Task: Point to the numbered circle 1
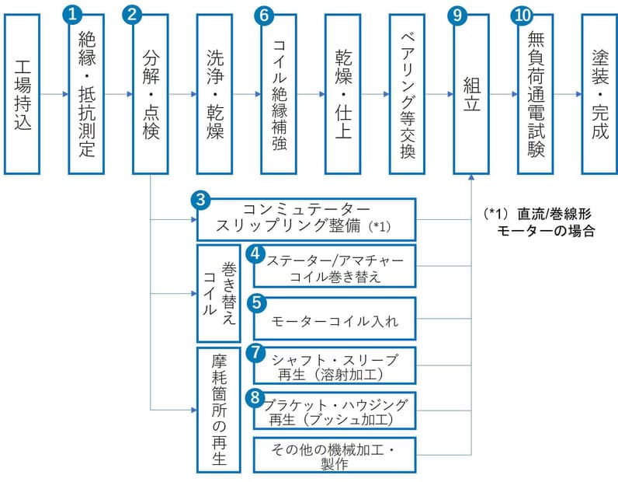point(72,14)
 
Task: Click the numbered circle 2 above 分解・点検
point(134,14)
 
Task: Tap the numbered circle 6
point(264,14)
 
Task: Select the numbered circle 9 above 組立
point(457,14)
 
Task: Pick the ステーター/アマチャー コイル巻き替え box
point(334,267)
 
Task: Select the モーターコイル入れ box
point(334,318)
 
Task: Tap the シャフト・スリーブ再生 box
point(334,365)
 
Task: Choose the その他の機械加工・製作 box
point(334,456)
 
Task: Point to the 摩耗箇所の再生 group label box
point(219,409)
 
